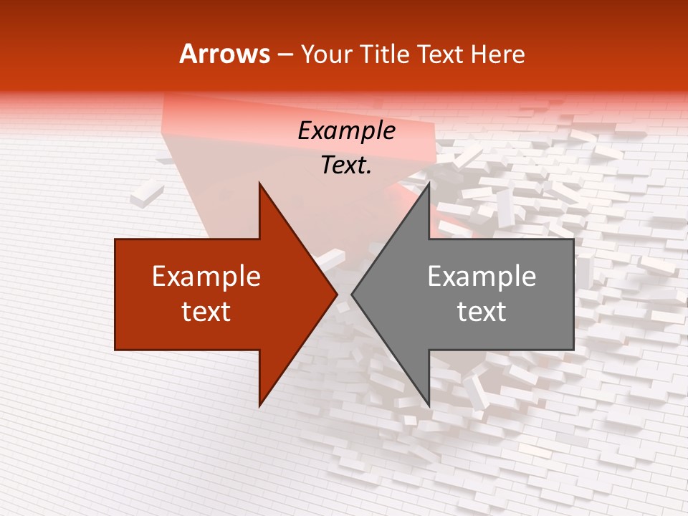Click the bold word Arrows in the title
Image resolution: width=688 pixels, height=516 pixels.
[225, 54]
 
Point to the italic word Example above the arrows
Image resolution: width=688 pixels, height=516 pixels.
[347, 131]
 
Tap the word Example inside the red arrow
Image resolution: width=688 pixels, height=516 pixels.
[206, 277]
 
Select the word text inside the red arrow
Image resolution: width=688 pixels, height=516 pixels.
[206, 312]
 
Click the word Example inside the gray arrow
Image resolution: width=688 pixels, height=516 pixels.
[482, 277]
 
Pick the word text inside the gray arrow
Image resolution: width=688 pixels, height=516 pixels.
[482, 312]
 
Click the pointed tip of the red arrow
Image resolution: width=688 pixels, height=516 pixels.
[337, 294]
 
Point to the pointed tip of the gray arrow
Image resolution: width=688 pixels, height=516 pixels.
[352, 294]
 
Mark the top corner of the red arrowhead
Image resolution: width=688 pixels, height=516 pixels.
[259, 183]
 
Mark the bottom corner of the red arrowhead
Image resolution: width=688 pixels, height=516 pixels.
[259, 406]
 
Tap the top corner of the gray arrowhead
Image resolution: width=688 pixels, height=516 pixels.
[429, 183]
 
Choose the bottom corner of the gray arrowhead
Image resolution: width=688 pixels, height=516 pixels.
[429, 406]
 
